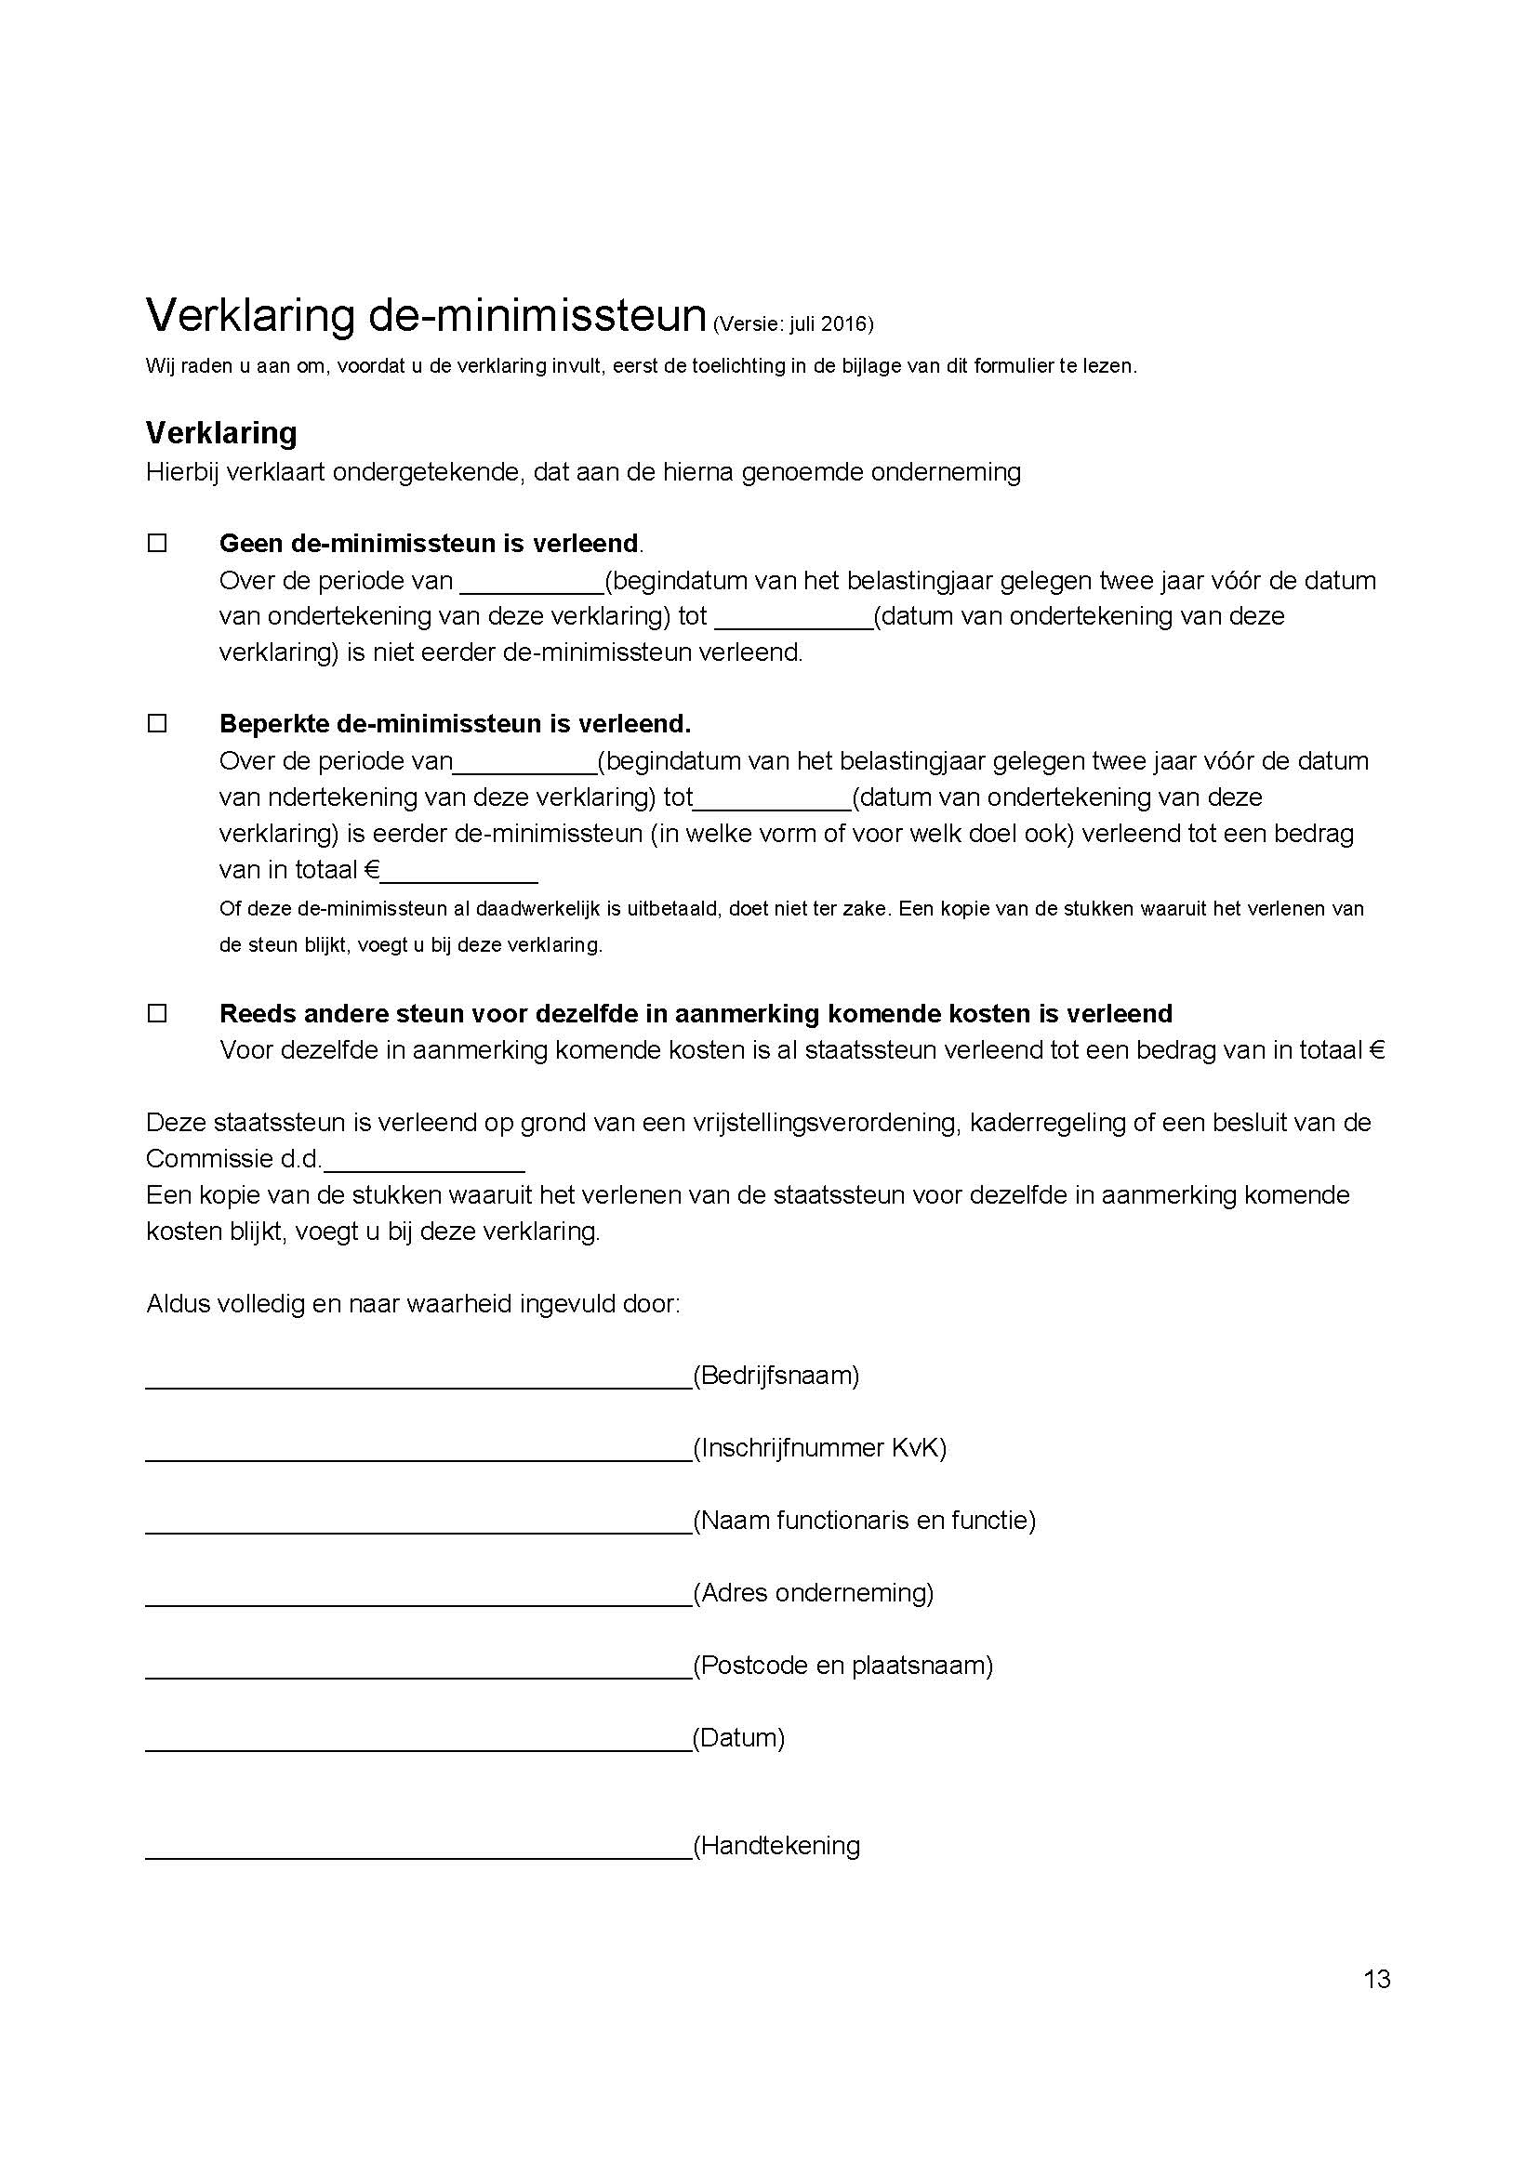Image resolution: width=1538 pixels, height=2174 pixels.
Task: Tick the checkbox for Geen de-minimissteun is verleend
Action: [157, 544]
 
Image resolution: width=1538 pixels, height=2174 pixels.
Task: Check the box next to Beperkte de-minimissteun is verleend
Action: [157, 723]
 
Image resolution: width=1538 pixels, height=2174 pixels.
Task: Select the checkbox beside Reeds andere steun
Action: [157, 1013]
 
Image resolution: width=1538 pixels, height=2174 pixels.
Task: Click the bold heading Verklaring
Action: [220, 433]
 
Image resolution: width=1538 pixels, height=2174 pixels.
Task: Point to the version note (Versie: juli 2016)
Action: [792, 324]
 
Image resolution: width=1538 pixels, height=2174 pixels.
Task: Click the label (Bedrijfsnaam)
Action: [776, 1376]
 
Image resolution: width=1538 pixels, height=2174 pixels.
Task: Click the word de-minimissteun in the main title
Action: [537, 315]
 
